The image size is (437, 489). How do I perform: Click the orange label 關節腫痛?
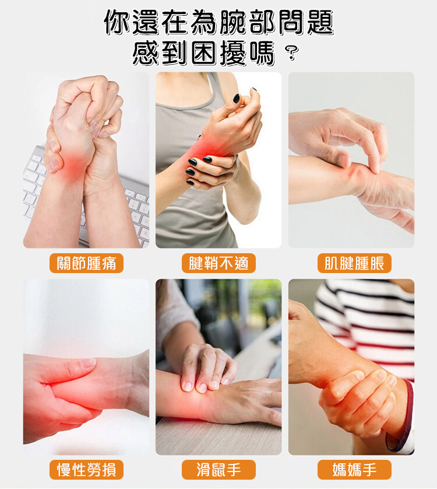tap(86, 263)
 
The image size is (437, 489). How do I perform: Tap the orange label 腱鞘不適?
tap(218, 263)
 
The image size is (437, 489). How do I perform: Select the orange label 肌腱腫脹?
tap(354, 263)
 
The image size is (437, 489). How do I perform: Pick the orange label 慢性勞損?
tap(86, 470)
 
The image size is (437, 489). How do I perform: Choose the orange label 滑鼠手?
tap(218, 470)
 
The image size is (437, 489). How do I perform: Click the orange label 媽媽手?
tap(354, 470)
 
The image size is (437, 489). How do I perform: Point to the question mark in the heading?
tap(292, 53)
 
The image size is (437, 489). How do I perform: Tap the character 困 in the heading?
tap(204, 53)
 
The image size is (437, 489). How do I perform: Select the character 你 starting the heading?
tap(117, 22)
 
